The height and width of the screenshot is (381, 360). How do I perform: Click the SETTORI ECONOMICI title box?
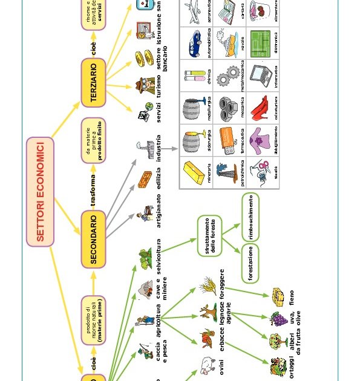[41, 192]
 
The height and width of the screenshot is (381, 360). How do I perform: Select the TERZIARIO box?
[93, 83]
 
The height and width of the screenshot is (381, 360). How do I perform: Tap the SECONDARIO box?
[93, 239]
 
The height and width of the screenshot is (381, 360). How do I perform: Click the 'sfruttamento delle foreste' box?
[209, 235]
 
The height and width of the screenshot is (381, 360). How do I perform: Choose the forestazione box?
[250, 263]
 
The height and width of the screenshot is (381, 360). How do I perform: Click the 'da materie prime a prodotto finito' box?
[93, 140]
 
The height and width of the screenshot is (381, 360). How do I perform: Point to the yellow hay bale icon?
[278, 297]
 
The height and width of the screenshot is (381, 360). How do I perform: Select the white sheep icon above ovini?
[208, 365]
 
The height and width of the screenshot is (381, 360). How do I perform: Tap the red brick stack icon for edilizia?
[145, 180]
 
